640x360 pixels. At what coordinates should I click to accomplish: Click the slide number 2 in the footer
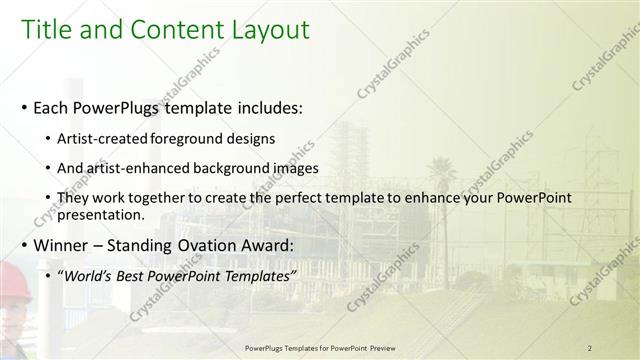(x=590, y=348)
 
